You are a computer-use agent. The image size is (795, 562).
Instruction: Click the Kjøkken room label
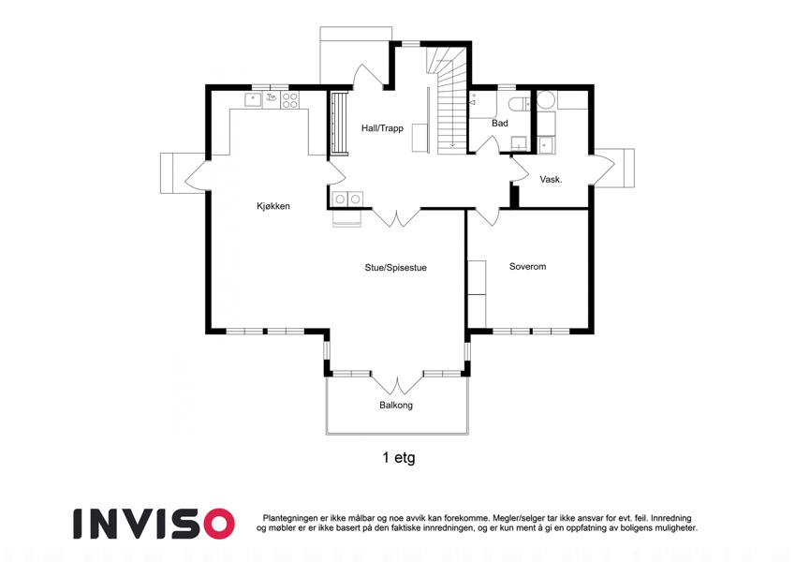coord(273,206)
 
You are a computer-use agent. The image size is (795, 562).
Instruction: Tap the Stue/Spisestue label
coord(395,268)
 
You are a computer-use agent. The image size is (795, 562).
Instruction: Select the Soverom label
coord(528,266)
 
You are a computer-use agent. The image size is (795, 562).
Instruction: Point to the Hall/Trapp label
coord(382,128)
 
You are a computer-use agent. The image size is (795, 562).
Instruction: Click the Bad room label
coord(500,124)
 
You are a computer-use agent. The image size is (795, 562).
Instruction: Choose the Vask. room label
coord(552,179)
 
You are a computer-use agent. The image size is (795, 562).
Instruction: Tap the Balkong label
coord(396,406)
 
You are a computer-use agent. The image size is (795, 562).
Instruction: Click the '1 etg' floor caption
coord(399,457)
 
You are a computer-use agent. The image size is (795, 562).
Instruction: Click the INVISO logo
coord(155,524)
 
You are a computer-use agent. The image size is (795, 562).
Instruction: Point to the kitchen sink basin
coord(254,99)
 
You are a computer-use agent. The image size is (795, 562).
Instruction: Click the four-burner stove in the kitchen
coord(290,100)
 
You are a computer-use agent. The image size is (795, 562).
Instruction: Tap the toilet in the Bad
coord(519,103)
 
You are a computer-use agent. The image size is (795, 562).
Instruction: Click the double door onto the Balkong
coord(397,384)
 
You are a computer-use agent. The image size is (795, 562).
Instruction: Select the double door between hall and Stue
coord(397,217)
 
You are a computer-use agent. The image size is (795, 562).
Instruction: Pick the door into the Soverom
coord(488,217)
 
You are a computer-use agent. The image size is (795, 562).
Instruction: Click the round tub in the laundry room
coord(546,100)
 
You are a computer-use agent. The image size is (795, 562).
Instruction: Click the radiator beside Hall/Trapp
coord(338,123)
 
